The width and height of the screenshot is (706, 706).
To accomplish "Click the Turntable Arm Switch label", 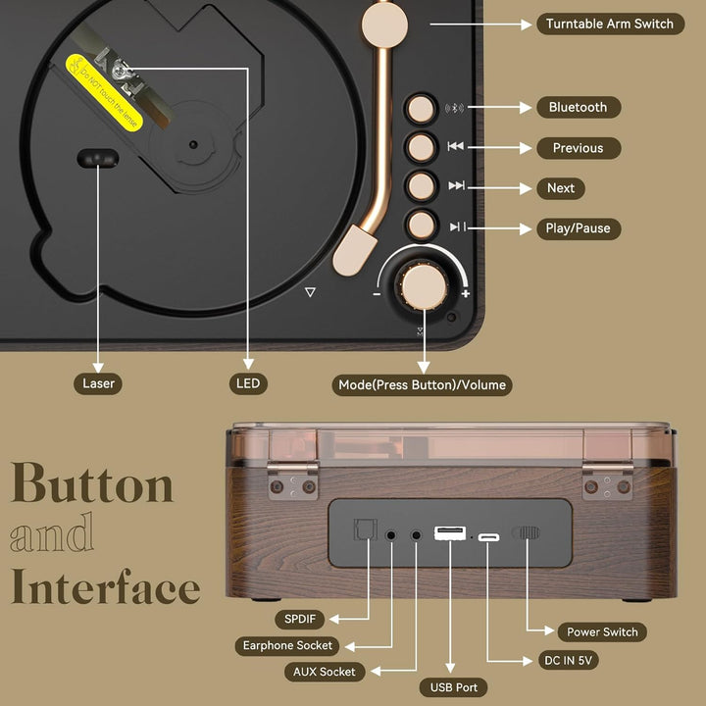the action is tap(610, 24).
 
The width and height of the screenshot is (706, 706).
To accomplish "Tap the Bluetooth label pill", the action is tap(579, 107).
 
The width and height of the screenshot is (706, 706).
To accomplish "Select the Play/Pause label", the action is tap(579, 228).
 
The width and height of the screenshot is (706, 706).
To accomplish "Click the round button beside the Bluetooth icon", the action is tap(421, 109).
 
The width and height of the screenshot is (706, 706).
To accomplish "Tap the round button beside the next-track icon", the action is tap(421, 186).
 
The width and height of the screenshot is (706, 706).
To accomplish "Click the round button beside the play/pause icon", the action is tap(421, 225).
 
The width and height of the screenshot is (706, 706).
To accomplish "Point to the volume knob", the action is tap(424, 286).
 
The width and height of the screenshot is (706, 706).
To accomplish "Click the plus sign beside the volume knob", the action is tap(466, 294).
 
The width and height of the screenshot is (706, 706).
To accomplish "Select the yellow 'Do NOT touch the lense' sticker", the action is tap(104, 93).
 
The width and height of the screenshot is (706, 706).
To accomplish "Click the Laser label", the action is tap(98, 383).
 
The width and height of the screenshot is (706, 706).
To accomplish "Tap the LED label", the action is tap(248, 383).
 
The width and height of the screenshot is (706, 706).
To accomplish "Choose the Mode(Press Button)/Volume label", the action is tap(422, 385).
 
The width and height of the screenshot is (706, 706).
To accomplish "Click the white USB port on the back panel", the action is tap(450, 533).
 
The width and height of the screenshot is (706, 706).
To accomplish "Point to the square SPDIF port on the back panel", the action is tap(365, 529).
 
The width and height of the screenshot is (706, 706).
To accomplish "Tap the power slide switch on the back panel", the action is tap(526, 533).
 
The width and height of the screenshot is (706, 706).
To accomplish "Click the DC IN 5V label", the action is tap(568, 661).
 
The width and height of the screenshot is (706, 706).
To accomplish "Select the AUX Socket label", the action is tap(325, 672).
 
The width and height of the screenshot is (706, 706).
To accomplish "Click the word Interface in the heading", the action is tap(106, 586).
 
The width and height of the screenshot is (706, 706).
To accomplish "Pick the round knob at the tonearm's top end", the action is tap(384, 25).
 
